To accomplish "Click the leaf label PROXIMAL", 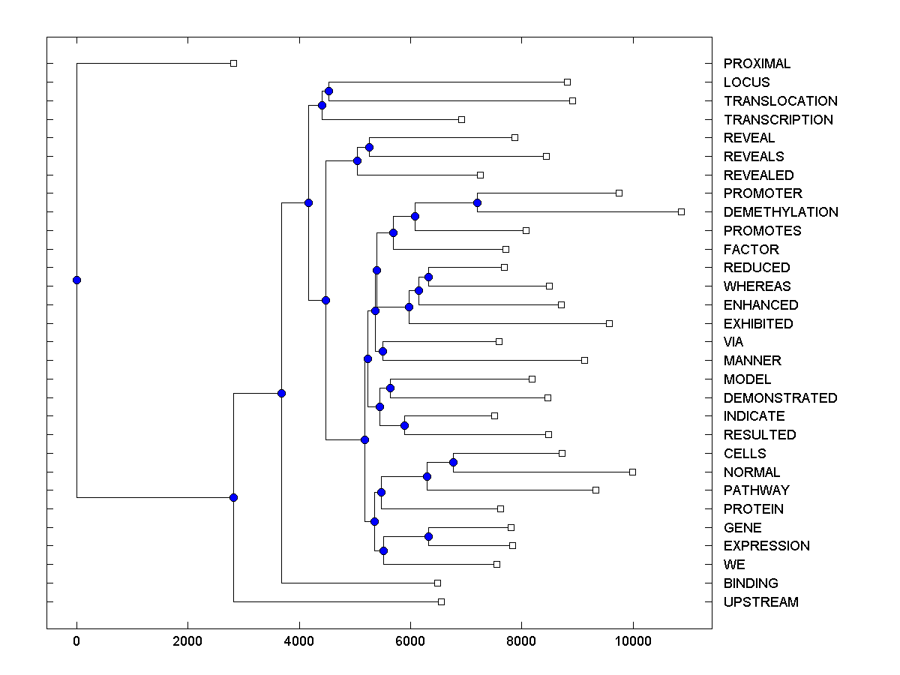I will [x=757, y=64].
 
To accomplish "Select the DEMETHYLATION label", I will [x=781, y=212].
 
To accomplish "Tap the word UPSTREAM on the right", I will [x=760, y=602].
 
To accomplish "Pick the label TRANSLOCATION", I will [x=780, y=101].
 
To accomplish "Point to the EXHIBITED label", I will [x=757, y=324].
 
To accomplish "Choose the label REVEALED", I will [x=758, y=175].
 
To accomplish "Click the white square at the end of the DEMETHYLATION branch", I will [x=681, y=211].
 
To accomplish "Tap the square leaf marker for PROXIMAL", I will [x=233, y=63].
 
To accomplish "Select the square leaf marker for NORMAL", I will [x=632, y=472].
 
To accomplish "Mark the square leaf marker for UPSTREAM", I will [x=441, y=601].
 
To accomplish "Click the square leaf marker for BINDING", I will [x=437, y=583].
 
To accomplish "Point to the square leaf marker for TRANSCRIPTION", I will [x=461, y=119].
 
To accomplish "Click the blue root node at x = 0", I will [x=76, y=280].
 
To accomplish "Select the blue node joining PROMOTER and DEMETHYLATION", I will [x=477, y=202].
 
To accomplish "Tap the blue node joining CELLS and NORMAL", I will [x=453, y=462].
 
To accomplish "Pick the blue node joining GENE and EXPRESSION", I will [x=428, y=536].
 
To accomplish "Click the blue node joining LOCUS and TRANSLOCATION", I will [x=328, y=91].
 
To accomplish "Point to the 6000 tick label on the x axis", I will [x=410, y=641].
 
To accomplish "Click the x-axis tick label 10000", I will [x=632, y=641].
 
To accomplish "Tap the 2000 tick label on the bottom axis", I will [x=187, y=641].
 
